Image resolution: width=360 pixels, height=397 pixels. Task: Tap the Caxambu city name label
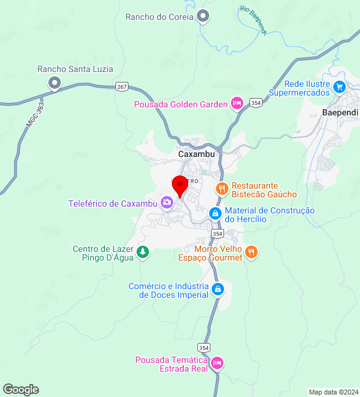pyautogui.click(x=196, y=154)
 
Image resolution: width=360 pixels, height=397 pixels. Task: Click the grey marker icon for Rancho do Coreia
pyautogui.click(x=202, y=17)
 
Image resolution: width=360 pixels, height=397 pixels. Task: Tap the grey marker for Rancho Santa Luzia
pyautogui.click(x=55, y=83)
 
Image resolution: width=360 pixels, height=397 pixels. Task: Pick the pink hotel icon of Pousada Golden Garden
pyautogui.click(x=236, y=104)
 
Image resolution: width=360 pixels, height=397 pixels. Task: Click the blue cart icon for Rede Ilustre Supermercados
pyautogui.click(x=339, y=87)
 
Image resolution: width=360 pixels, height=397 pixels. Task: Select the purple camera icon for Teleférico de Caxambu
pyautogui.click(x=166, y=203)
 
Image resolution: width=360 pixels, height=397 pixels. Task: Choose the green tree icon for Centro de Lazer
pyautogui.click(x=143, y=252)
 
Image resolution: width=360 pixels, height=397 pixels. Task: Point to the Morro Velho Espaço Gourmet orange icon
pyautogui.click(x=251, y=252)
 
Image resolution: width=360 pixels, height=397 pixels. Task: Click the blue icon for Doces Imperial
pyautogui.click(x=218, y=290)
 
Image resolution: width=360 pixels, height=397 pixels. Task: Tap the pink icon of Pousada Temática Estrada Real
pyautogui.click(x=217, y=362)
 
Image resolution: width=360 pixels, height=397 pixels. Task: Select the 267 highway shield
pyautogui.click(x=122, y=86)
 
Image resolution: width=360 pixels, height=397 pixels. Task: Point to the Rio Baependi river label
pyautogui.click(x=253, y=21)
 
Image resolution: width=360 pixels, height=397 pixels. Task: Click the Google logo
pyautogui.click(x=20, y=390)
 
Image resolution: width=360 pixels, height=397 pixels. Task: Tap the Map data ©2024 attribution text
pyautogui.click(x=333, y=392)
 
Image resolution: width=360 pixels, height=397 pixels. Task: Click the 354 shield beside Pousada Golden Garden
pyautogui.click(x=256, y=101)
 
